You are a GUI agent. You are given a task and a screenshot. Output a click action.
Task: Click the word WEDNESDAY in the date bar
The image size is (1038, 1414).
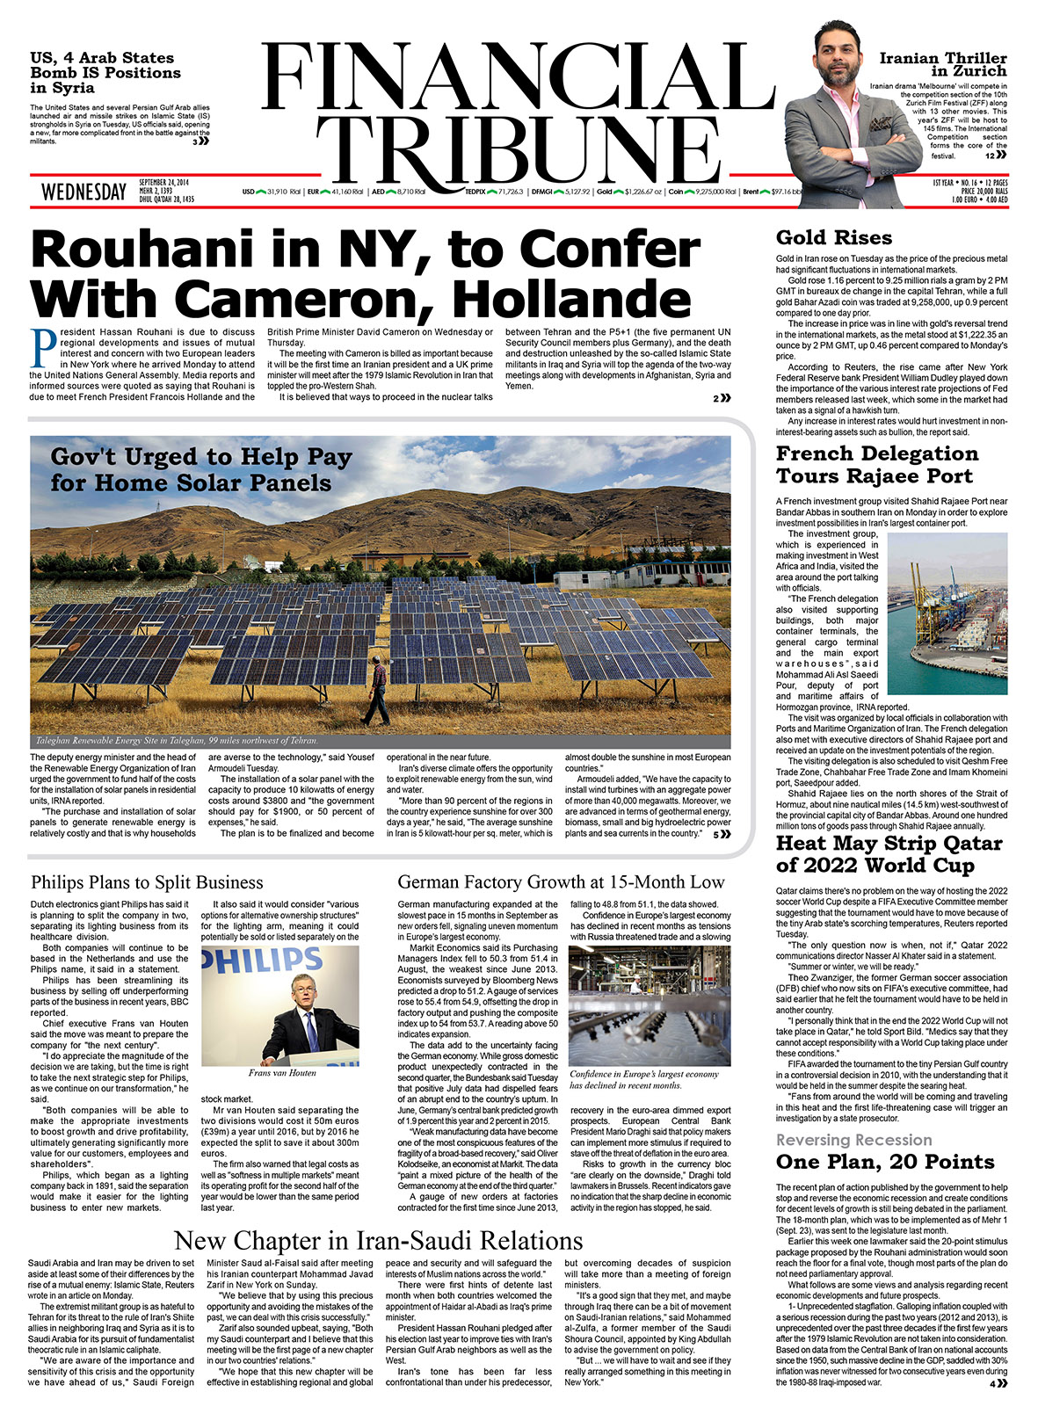(83, 192)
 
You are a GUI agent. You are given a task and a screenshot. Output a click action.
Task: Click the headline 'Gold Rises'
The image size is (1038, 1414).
(833, 237)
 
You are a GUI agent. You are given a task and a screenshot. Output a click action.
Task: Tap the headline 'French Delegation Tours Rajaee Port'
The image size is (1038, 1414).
(876, 465)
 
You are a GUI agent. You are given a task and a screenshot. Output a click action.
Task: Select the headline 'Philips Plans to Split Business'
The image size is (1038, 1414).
(147, 882)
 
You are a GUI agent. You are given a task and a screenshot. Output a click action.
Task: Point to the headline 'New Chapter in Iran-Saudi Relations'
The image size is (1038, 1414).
(379, 1240)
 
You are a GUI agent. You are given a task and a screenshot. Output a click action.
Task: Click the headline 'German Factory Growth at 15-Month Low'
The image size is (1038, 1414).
(561, 882)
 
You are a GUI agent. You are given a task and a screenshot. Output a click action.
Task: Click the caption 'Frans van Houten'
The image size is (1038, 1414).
(281, 1073)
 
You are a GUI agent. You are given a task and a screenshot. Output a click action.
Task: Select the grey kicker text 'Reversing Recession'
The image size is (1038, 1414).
(853, 1140)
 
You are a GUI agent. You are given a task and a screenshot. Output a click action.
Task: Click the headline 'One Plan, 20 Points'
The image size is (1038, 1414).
(885, 1162)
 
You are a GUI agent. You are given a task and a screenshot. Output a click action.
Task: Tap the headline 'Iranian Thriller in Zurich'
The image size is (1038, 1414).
(943, 64)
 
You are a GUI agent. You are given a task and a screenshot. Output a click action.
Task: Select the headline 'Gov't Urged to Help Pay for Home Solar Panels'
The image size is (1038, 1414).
(201, 469)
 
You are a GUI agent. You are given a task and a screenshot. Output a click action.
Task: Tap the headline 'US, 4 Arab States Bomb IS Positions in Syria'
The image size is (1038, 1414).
(105, 72)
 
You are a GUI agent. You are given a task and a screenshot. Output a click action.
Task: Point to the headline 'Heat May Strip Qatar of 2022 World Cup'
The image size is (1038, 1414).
(889, 854)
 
